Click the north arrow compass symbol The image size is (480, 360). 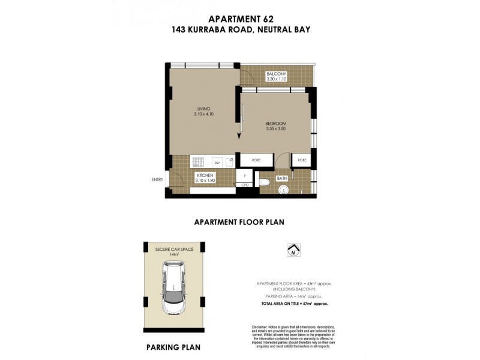293,250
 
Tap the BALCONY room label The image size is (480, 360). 277,74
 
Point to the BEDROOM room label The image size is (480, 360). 277,124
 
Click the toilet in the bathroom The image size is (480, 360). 264,183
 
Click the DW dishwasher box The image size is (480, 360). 217,162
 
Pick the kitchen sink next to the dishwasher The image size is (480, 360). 229,161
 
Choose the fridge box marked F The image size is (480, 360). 245,175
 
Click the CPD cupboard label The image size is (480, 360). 245,185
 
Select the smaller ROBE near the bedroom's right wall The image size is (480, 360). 301,160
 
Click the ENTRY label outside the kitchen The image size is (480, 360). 157,179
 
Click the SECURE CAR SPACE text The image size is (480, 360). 174,248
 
